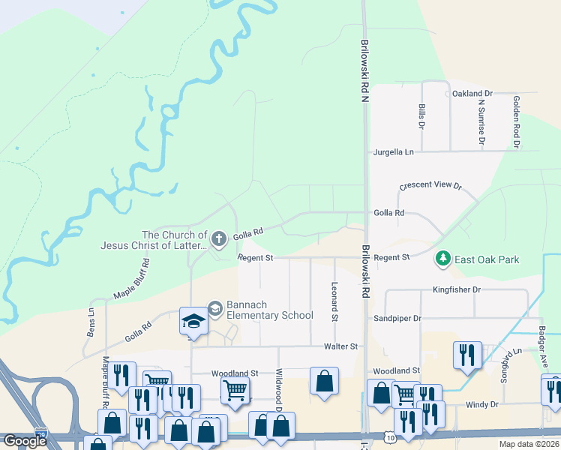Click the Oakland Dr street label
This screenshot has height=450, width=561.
click(472, 94)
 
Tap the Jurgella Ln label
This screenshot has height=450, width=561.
click(394, 152)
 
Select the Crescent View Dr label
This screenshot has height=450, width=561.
click(430, 185)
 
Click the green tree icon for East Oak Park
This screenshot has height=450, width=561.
click(443, 259)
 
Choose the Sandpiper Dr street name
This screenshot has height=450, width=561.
click(397, 319)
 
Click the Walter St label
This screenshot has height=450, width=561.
click(341, 346)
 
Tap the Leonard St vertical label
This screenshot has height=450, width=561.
click(334, 301)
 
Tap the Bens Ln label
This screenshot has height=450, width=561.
click(91, 322)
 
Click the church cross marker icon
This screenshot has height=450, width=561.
click(219, 239)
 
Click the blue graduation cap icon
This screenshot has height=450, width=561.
click(193, 321)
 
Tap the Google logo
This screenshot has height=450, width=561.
click(25, 441)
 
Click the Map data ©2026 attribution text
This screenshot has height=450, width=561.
click(529, 444)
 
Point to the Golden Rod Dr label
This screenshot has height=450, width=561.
click(516, 121)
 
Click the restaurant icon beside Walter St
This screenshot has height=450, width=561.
click(467, 354)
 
